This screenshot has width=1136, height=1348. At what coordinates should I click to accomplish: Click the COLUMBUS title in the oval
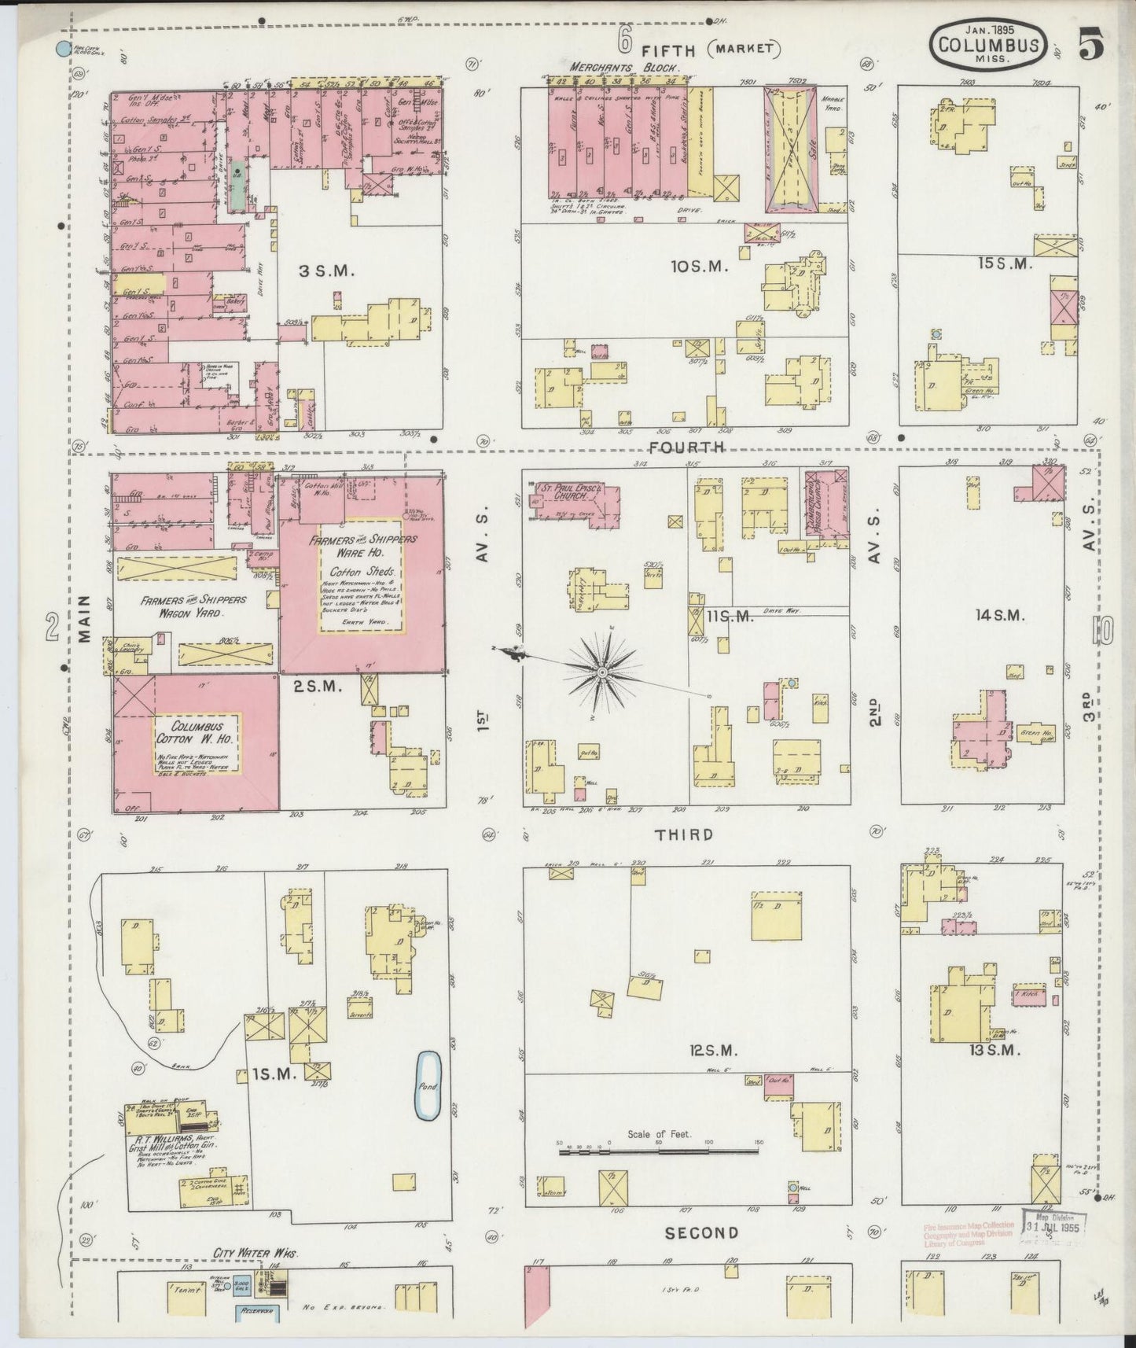coord(989,47)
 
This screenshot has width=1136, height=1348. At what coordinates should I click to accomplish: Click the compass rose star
coord(601,673)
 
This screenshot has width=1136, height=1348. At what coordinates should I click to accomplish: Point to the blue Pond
coord(427,1087)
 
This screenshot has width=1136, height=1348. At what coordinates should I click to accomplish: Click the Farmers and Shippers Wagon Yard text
coord(193,606)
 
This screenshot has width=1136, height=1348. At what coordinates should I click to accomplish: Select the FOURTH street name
coord(685,447)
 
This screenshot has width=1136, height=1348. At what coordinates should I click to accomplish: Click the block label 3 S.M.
coord(327,271)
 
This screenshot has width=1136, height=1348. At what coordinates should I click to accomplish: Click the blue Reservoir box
coord(257,1313)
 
